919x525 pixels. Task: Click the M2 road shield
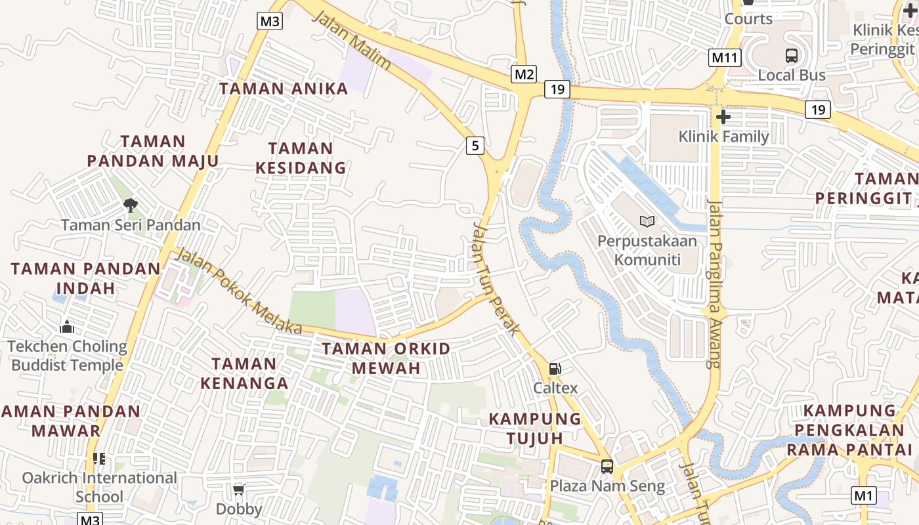pos(524,74)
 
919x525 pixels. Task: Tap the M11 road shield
pos(725,58)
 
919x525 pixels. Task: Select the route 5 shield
pos(475,144)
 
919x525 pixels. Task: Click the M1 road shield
pos(864,495)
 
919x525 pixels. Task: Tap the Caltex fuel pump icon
pos(555,369)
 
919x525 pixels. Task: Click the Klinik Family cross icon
pos(723,117)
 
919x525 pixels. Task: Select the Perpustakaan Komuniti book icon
pos(647,222)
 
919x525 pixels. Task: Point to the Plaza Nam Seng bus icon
pos(607,467)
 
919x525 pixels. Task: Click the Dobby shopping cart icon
pos(239,490)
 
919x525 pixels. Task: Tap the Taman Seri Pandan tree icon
pos(131,205)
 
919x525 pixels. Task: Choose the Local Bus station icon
pos(792,56)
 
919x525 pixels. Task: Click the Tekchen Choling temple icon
pos(67,327)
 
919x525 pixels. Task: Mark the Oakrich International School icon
pos(99,459)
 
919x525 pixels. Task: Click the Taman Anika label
pos(284,89)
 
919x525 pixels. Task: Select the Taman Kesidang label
pos(301,158)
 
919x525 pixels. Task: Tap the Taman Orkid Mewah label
pos(386,358)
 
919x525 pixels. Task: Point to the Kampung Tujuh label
pos(535,428)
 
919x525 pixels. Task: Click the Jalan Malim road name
pos(352,40)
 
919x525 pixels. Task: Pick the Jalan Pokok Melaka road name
pos(240,291)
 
